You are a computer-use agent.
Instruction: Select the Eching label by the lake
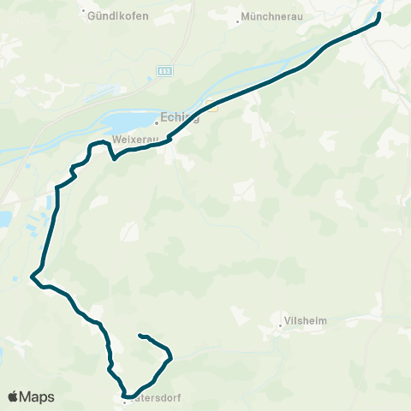point(181,120)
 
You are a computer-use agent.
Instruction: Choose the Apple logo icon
point(13,396)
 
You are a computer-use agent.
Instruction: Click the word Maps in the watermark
point(37,397)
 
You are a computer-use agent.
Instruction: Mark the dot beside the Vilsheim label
point(280,325)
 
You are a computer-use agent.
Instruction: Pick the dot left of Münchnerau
point(237,17)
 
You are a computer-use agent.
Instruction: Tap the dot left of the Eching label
point(156,121)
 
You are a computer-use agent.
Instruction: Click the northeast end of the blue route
point(378,14)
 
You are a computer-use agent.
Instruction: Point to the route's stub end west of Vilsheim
point(140,335)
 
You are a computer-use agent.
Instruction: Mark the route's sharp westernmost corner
point(32,277)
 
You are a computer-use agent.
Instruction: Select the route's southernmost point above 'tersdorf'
point(125,396)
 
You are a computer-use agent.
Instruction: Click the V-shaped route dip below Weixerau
point(114,158)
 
